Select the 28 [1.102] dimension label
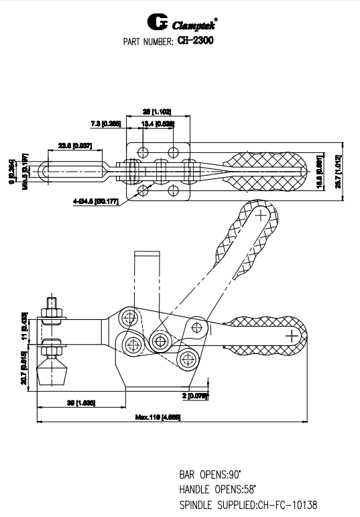point(157,111)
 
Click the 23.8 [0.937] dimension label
point(74,146)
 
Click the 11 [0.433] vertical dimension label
point(23,323)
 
